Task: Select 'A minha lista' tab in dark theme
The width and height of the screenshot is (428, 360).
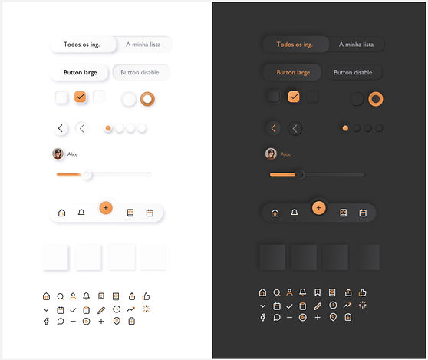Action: click(356, 45)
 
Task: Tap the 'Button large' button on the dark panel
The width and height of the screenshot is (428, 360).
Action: click(293, 72)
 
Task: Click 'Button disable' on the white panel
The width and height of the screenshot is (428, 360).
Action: click(140, 72)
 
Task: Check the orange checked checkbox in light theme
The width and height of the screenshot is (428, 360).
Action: click(81, 97)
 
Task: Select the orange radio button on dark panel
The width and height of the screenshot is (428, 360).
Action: click(376, 99)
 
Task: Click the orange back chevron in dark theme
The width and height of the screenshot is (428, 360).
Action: click(273, 128)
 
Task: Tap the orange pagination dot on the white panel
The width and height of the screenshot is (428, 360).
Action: click(108, 128)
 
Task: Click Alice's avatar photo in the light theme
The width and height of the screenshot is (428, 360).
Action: click(58, 154)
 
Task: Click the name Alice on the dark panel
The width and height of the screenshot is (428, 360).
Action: click(286, 154)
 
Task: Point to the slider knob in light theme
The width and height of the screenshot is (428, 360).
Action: click(87, 174)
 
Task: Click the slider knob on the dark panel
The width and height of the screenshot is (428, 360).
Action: click(300, 174)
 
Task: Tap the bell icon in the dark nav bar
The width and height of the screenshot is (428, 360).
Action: click(295, 213)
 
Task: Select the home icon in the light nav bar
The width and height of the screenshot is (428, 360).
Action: click(62, 213)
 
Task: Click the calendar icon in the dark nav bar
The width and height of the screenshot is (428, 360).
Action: click(363, 213)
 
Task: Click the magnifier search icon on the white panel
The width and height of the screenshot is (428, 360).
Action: click(61, 296)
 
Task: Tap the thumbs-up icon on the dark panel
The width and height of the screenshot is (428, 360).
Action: click(363, 292)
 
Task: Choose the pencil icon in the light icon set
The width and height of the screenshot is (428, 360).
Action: click(101, 310)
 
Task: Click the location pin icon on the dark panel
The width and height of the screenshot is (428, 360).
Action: click(333, 317)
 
